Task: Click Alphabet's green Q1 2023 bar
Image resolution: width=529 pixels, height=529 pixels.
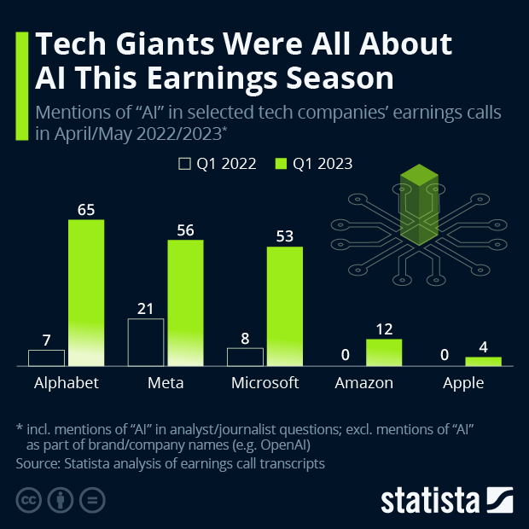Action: (86, 293)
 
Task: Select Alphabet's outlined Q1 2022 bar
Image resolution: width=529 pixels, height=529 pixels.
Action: (46, 358)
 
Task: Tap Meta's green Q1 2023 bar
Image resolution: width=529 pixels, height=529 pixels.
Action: (185, 303)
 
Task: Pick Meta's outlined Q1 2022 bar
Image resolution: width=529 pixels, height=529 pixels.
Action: (145, 342)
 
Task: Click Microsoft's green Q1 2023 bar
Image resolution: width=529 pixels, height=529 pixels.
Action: (284, 306)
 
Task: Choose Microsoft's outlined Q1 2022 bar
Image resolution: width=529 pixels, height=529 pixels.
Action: (245, 357)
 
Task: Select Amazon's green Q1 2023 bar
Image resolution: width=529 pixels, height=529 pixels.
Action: (384, 352)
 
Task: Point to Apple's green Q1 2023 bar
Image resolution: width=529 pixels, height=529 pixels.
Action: (483, 361)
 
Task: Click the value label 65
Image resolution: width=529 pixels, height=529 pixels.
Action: (86, 207)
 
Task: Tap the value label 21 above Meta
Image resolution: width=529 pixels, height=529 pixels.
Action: (145, 307)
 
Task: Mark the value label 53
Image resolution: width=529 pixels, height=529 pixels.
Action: (284, 235)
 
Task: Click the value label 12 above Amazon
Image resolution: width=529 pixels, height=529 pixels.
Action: (384, 328)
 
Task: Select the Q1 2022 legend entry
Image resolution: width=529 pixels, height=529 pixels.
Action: (217, 164)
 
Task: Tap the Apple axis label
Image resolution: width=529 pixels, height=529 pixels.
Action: (463, 383)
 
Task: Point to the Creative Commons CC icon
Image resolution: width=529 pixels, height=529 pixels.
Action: (29, 500)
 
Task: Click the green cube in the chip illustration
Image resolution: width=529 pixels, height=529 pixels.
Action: (419, 205)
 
